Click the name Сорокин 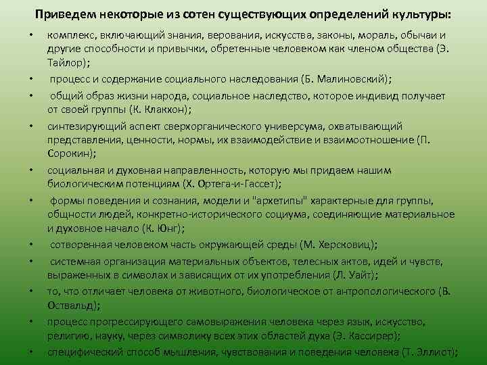pyautogui.click(x=67, y=154)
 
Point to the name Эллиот pyautogui.click(x=433, y=351)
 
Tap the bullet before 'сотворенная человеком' pyautogui.click(x=31, y=245)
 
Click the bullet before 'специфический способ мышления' pyautogui.click(x=31, y=351)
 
